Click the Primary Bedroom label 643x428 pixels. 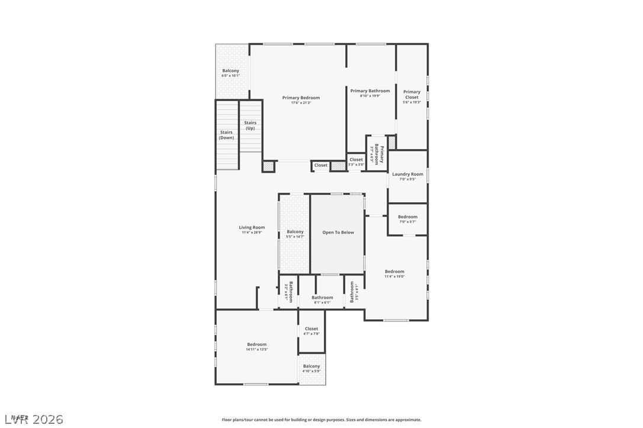pos(301,98)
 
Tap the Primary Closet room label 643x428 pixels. pos(411,95)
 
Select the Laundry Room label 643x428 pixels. pos(408,174)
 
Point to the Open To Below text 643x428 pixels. pos(338,232)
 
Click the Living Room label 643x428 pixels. pos(252,228)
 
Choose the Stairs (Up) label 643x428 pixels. pos(250,125)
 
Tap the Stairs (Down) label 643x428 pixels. pos(226,135)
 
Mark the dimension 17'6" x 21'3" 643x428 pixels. pos(301,103)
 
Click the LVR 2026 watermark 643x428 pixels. pos(33,419)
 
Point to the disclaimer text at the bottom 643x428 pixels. pos(321,420)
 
